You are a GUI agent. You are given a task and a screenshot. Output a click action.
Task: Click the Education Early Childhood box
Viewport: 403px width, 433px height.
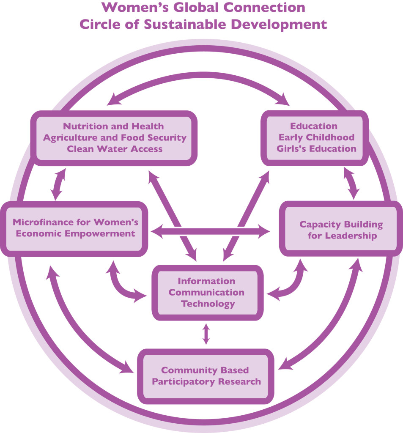tap(313, 137)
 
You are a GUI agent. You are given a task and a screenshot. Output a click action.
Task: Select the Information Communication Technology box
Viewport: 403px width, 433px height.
tap(206, 292)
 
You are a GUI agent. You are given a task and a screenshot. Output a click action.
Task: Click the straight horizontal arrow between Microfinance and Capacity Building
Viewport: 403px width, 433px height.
tap(211, 231)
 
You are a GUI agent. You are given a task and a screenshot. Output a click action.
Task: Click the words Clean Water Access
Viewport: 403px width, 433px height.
tap(113, 148)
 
